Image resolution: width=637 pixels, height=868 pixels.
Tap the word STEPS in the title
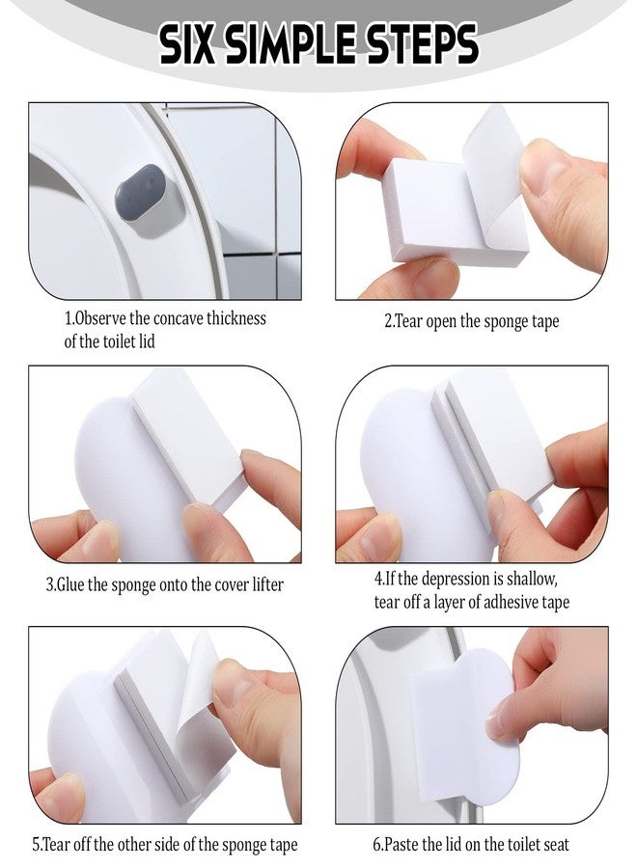421,44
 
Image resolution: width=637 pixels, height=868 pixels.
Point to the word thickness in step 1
233,318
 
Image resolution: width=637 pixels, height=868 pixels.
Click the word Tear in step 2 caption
413,321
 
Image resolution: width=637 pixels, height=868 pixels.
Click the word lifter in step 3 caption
263,584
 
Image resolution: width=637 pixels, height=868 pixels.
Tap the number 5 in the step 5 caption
36,845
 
